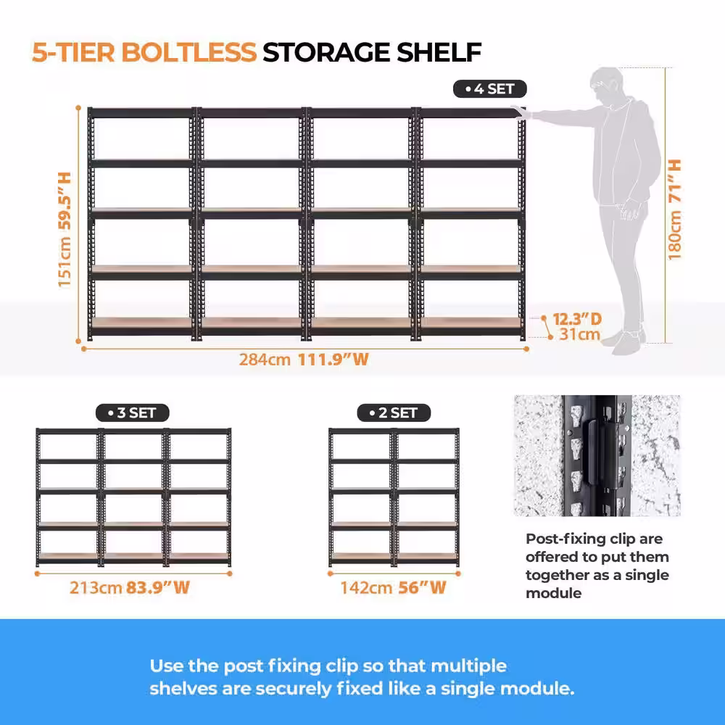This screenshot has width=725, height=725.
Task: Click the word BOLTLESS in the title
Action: (189, 51)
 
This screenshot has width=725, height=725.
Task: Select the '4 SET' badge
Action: (489, 88)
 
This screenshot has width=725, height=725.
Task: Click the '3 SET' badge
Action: (132, 413)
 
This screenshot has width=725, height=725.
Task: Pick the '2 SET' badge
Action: (394, 413)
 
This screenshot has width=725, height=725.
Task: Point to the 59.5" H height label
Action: (65, 201)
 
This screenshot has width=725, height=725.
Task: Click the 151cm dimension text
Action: (65, 262)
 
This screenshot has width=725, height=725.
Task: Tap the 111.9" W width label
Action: (333, 360)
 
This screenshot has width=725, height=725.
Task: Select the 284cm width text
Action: (265, 360)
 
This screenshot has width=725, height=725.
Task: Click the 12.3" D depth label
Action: (577, 319)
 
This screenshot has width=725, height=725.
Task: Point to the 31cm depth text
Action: (579, 334)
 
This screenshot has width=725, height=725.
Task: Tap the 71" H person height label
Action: (675, 181)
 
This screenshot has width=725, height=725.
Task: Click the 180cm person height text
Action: (675, 235)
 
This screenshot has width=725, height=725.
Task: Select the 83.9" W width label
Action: (158, 588)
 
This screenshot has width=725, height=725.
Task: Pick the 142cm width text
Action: (366, 588)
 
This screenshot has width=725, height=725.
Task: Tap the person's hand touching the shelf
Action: (521, 112)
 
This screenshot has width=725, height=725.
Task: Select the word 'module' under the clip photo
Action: (553, 593)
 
